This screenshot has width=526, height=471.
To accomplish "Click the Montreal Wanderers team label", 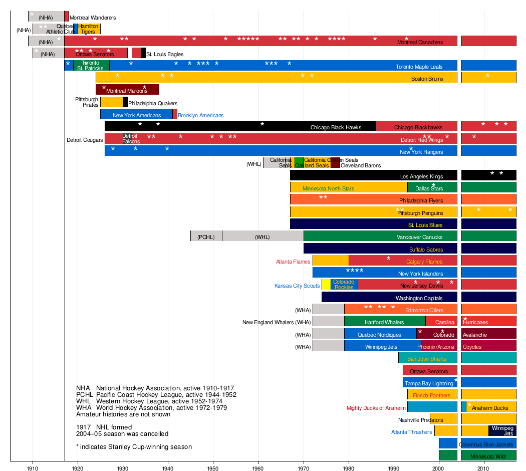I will pyautogui.click(x=93, y=18).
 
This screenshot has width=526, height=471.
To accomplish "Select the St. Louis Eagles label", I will pyautogui.click(x=165, y=54).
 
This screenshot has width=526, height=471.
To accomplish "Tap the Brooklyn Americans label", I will pyautogui.click(x=200, y=115).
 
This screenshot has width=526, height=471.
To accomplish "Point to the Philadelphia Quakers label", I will pyautogui.click(x=153, y=103).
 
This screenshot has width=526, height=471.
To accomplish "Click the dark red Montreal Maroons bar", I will pyautogui.click(x=127, y=89).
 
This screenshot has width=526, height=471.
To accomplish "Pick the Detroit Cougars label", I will pyautogui.click(x=85, y=140).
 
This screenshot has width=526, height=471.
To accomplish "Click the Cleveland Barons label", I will pyautogui.click(x=361, y=165).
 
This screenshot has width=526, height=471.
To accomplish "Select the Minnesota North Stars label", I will pyautogui.click(x=328, y=189).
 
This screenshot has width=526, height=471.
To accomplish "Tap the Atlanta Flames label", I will pyautogui.click(x=293, y=262).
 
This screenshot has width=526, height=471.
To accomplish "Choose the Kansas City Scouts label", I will pyautogui.click(x=297, y=286).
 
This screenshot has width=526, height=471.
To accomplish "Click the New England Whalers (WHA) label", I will pyautogui.click(x=277, y=323).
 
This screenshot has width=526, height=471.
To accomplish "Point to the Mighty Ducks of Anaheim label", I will pyautogui.click(x=376, y=408).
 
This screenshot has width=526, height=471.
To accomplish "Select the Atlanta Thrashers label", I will pyautogui.click(x=411, y=432).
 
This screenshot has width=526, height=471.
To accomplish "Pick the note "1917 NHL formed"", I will pyautogui.click(x=104, y=427).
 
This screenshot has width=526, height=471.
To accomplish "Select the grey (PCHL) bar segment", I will pyautogui.click(x=206, y=237).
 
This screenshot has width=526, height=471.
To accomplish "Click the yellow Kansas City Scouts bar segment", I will pyautogui.click(x=326, y=285).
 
